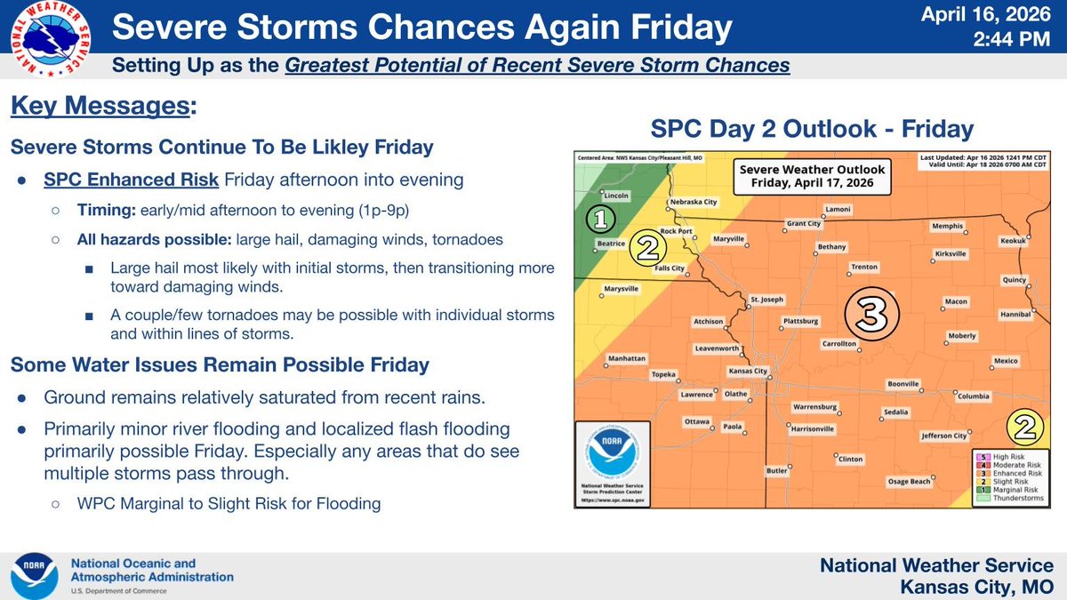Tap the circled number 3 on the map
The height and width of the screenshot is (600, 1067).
(871, 312)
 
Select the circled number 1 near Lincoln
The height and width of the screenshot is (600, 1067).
(601, 218)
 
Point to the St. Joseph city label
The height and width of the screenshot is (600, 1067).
(766, 300)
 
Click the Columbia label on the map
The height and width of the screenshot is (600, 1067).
(974, 396)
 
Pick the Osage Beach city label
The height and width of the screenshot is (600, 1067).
(909, 481)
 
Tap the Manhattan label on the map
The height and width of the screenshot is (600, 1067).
(626, 359)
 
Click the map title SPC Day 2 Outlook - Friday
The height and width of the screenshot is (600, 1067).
(812, 128)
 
